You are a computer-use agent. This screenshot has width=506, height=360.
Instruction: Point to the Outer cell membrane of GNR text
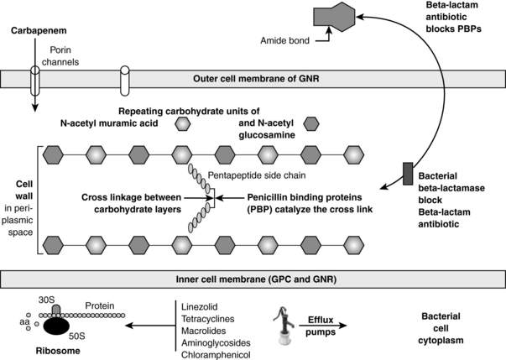(252, 81)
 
